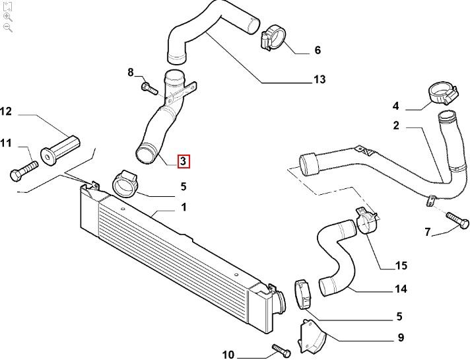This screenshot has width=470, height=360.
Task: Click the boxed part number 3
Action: point(184,161)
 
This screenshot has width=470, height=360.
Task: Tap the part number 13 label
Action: point(319,80)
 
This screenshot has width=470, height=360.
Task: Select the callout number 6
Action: point(318,50)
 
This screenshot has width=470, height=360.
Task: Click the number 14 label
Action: point(401,289)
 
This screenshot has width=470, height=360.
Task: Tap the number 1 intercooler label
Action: point(184,207)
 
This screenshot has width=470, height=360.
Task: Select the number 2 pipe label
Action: point(396,126)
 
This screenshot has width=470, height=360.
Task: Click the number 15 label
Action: point(401,266)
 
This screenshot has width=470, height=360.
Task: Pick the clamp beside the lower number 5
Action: point(302,294)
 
